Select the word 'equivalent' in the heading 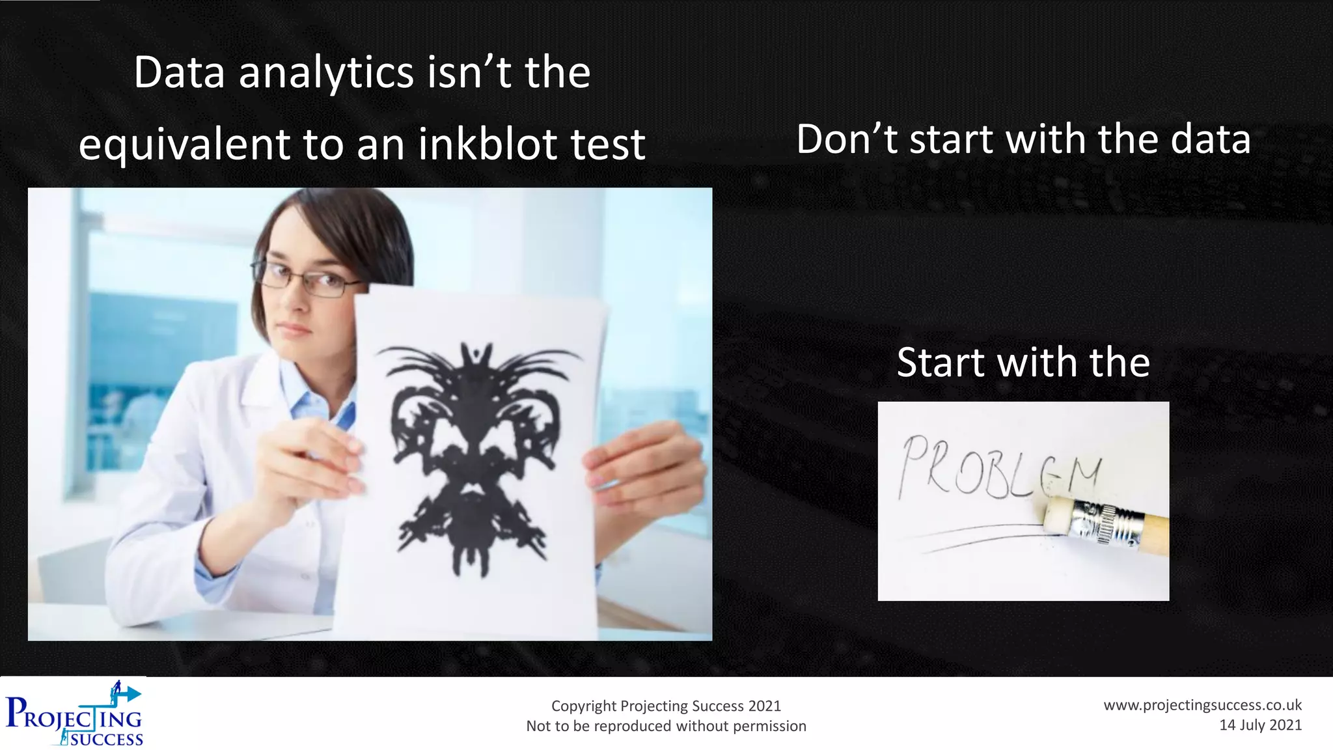point(184,145)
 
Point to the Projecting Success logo point(74,714)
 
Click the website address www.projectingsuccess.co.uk point(1202,705)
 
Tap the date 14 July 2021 point(1260,725)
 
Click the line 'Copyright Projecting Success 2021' point(666,706)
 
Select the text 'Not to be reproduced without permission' point(666,726)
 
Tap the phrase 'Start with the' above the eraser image point(1023,362)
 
